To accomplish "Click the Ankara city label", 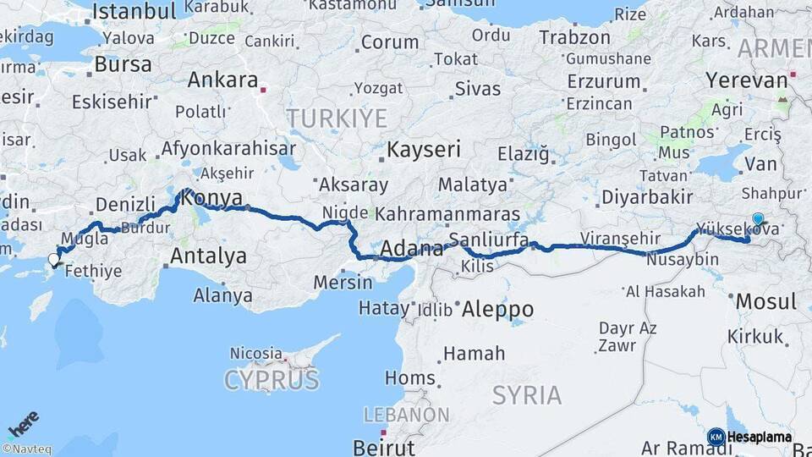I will [222, 80].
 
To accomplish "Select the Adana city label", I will [413, 249].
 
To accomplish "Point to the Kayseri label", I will [424, 150].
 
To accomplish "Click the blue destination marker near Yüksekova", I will [758, 219].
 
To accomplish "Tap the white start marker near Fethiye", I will [54, 260].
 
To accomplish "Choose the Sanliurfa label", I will [489, 240].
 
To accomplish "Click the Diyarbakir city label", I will [647, 197].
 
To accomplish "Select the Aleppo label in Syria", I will [497, 309].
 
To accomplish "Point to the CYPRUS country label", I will [272, 380].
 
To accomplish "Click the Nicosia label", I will [255, 353].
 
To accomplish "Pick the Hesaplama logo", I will [749, 438].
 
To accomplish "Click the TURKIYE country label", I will [336, 118].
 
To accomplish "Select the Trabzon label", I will [574, 38].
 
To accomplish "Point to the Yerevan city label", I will [746, 81].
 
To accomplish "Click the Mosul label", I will [765, 301].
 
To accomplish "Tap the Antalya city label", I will [208, 256].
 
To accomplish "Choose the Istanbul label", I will [134, 12].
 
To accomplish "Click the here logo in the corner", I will [23, 424].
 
